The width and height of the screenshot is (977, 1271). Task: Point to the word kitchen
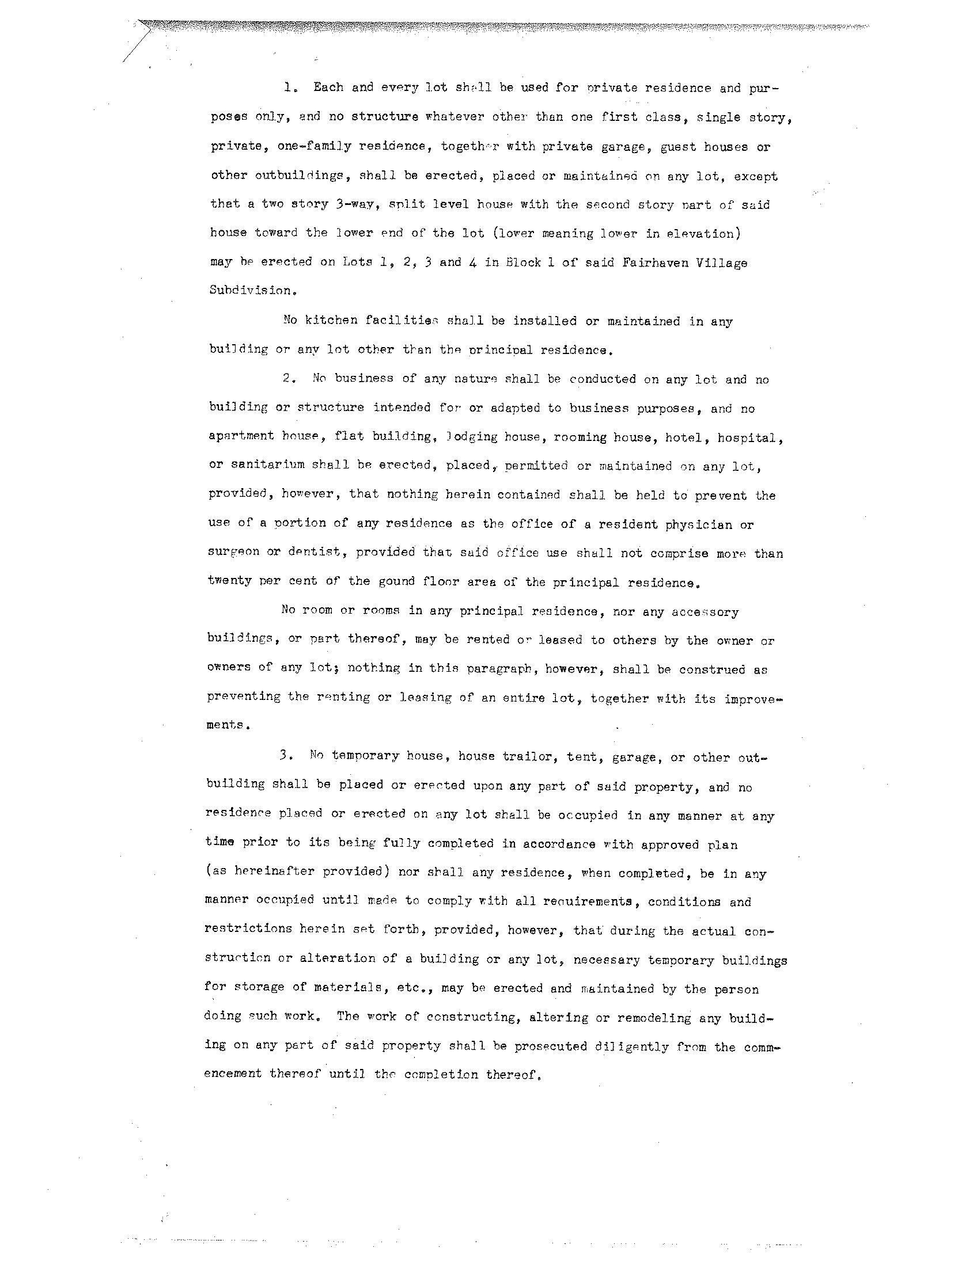[x=332, y=321]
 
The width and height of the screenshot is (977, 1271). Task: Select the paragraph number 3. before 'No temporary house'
[x=286, y=756]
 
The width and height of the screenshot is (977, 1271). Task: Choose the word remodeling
[x=654, y=1018]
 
